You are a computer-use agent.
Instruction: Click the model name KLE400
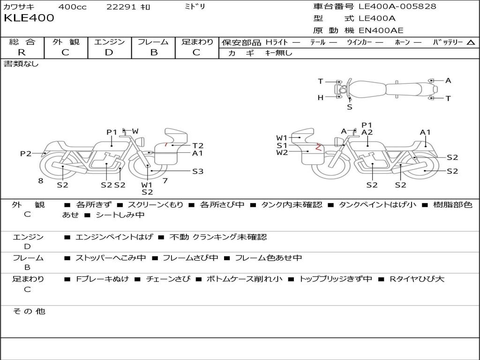tap(29, 18)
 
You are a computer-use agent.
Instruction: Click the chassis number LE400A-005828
tap(397, 6)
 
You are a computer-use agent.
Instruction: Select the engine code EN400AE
tap(381, 30)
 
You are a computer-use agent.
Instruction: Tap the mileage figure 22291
tap(120, 7)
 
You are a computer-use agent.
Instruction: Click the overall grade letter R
tap(22, 52)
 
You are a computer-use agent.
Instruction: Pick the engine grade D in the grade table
tap(109, 52)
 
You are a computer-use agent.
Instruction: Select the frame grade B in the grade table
tap(154, 52)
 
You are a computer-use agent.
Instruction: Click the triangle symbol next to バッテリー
tap(471, 43)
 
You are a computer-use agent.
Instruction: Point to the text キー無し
tap(278, 53)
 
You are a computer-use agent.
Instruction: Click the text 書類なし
tap(21, 64)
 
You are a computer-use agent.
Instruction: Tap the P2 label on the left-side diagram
tap(26, 153)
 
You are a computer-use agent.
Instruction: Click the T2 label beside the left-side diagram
tap(198, 146)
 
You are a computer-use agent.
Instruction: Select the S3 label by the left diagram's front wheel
tap(198, 172)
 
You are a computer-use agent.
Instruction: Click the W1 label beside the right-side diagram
tap(282, 138)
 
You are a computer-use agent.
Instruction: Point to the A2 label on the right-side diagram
tap(367, 132)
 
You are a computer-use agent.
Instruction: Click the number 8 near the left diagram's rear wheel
tap(41, 181)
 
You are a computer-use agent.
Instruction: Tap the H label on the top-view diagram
tap(320, 97)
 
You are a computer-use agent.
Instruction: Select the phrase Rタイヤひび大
tap(417, 279)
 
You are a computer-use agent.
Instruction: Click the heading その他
tap(29, 311)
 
